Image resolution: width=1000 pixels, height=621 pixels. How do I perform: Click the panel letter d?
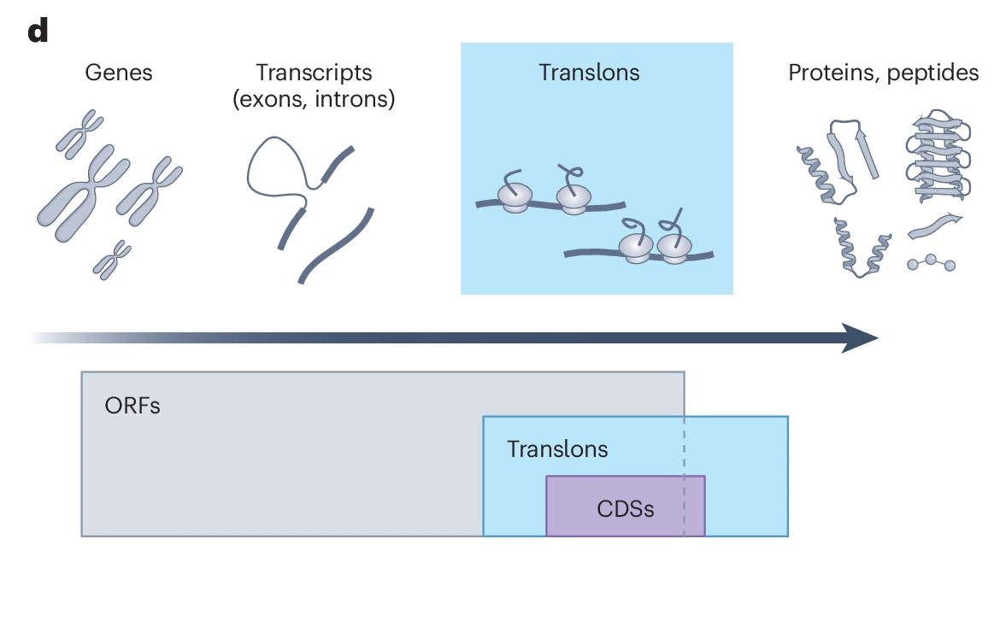(38, 32)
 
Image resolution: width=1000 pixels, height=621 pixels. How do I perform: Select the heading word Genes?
(119, 73)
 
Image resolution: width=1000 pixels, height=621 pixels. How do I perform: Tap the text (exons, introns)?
(314, 100)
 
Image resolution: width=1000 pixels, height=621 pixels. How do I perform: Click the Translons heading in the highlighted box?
(589, 73)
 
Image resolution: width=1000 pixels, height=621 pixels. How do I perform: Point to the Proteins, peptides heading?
(883, 73)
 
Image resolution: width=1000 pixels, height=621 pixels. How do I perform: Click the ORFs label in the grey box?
(132, 405)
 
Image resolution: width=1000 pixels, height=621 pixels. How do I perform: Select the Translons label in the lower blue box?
(557, 449)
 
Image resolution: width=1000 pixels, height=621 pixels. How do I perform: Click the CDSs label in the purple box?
(626, 509)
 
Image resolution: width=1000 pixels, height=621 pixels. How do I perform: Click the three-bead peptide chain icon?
(930, 263)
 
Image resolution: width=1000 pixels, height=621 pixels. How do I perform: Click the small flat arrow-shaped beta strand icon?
(934, 226)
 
